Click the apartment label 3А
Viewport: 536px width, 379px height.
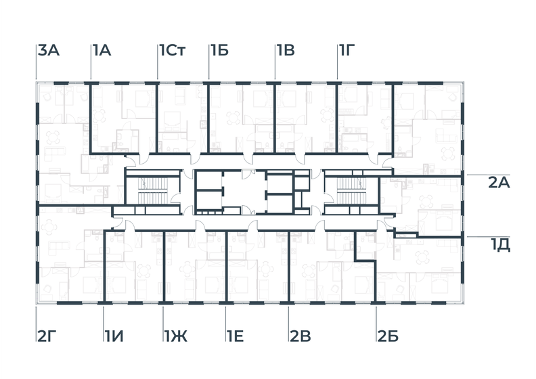click(49, 50)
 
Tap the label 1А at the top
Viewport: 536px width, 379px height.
click(102, 50)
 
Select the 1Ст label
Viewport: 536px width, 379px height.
click(172, 50)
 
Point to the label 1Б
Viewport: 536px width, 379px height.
click(219, 50)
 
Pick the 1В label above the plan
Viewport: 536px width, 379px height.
click(284, 50)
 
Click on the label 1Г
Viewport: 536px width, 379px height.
click(347, 50)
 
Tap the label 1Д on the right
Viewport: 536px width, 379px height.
click(500, 244)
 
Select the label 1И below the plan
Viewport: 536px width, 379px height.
click(113, 336)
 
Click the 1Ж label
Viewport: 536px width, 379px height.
click(176, 336)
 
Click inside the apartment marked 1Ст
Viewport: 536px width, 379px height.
click(181, 118)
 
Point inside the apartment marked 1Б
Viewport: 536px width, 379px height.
click(240, 118)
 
